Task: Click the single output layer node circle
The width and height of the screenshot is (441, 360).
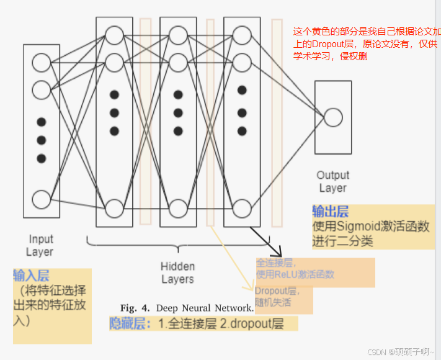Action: pos(333,117)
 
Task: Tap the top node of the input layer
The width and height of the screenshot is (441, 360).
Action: pos(42,62)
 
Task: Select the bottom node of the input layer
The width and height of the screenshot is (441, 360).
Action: pos(42,199)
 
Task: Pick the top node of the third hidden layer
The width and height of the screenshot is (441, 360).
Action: pos(242,34)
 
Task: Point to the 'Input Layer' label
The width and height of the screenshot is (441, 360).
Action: pos(41,245)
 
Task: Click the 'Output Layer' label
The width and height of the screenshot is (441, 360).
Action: pos(333,181)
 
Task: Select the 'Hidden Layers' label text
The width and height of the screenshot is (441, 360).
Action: pos(177,272)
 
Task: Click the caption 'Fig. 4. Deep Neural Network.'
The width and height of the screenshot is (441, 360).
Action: pos(187,308)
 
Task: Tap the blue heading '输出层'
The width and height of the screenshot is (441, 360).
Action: pos(330,210)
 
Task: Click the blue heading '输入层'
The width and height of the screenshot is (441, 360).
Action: pos(31,275)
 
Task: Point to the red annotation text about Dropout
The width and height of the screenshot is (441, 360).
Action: pos(367,43)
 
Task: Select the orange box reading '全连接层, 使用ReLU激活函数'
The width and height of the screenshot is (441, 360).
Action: pos(315,272)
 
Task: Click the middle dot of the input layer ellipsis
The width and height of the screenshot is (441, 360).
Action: pos(42,140)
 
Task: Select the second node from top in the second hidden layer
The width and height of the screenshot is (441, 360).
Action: pos(178,62)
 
